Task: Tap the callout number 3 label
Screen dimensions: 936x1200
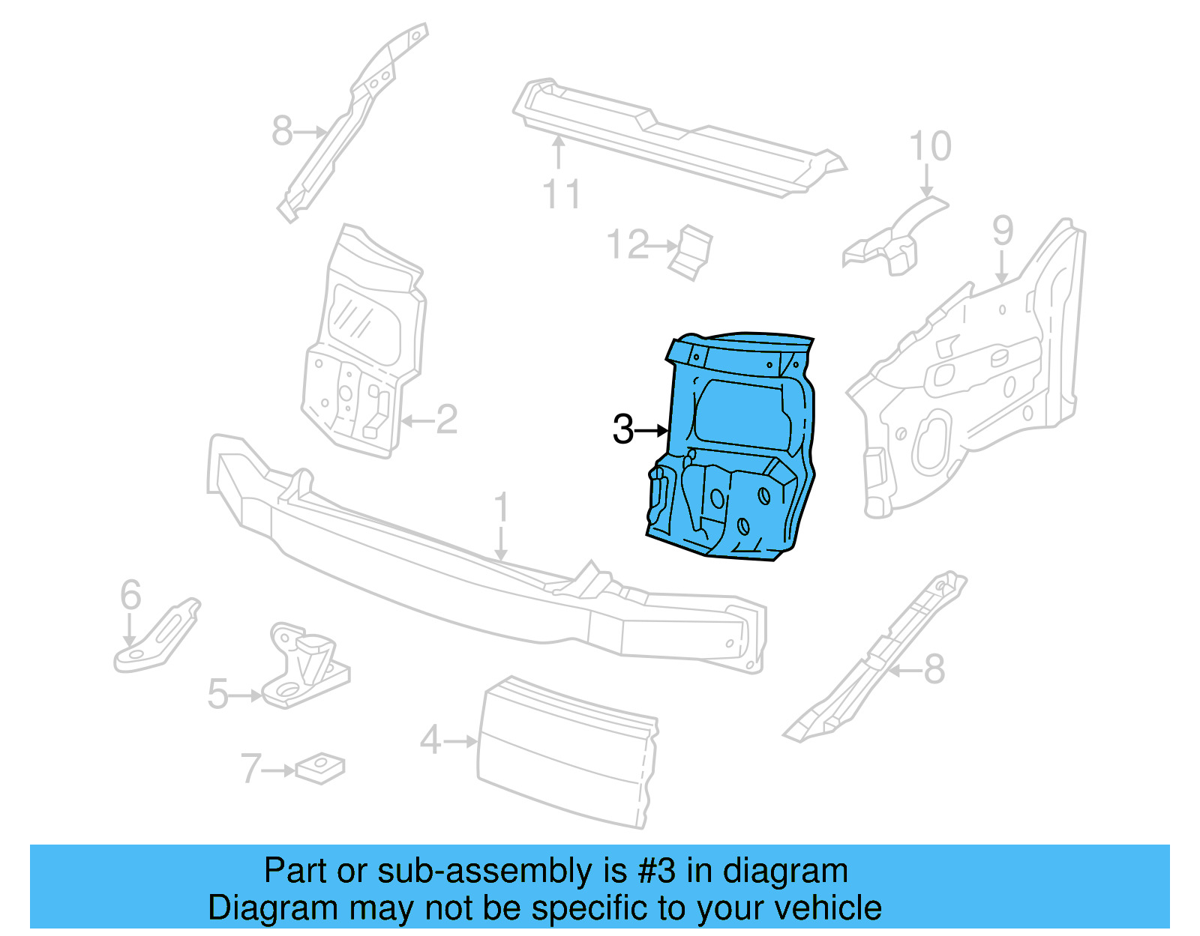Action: tap(623, 429)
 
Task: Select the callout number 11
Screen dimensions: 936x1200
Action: tap(561, 194)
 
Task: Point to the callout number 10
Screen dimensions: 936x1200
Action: tap(930, 146)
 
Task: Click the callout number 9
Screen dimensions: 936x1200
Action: tap(1003, 231)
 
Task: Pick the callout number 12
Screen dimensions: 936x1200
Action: tap(628, 245)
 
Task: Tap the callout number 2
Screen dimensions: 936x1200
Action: tap(446, 420)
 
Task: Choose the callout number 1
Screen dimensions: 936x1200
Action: tap(502, 507)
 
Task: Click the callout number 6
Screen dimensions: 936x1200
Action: tap(130, 595)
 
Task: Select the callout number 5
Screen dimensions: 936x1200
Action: tap(217, 694)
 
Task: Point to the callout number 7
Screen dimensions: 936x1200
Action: tap(250, 769)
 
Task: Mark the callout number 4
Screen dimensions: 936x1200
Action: tap(430, 740)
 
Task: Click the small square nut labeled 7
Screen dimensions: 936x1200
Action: tap(320, 767)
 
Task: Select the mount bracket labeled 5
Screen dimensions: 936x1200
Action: tap(304, 667)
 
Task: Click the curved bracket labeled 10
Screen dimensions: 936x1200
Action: tap(896, 236)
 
